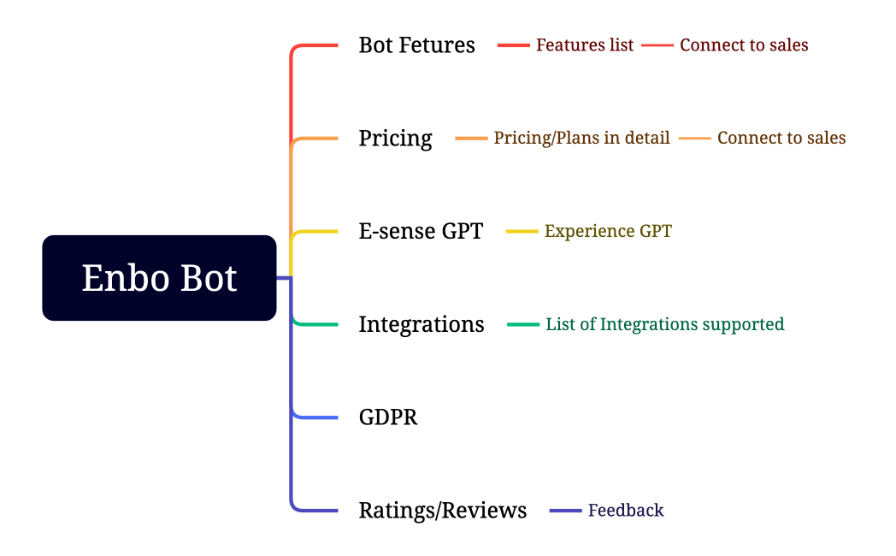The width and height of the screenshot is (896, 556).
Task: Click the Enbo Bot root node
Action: [x=159, y=278]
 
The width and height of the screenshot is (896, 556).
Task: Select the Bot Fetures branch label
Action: [x=416, y=45]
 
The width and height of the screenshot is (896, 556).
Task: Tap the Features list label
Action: [x=585, y=45]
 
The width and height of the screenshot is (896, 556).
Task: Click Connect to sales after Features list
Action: [x=744, y=45]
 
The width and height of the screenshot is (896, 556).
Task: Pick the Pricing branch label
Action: [x=395, y=138]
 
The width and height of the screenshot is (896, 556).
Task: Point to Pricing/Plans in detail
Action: [x=581, y=138]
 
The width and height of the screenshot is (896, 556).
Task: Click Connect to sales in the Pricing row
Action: [x=781, y=138]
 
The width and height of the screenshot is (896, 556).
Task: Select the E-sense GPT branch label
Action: [x=421, y=231]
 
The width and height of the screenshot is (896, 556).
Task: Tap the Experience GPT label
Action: [x=608, y=231]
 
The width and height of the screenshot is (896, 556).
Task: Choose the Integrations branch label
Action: [x=421, y=324]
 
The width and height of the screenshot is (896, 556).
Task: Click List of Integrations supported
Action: [x=664, y=324]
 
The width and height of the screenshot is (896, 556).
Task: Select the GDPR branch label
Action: [x=388, y=417]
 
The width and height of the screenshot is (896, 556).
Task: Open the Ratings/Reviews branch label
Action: [x=443, y=511]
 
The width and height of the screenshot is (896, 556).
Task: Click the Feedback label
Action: [x=626, y=511]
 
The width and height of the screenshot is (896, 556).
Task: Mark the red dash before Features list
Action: [x=514, y=45]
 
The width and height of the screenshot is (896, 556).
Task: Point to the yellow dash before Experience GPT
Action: [x=522, y=231]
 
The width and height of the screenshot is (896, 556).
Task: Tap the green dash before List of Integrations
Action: [x=523, y=324]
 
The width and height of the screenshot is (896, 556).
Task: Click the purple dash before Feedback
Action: [x=565, y=511]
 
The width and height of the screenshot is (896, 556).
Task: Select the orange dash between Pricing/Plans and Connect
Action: [x=695, y=138]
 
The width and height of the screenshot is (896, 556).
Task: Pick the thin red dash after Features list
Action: [x=657, y=45]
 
